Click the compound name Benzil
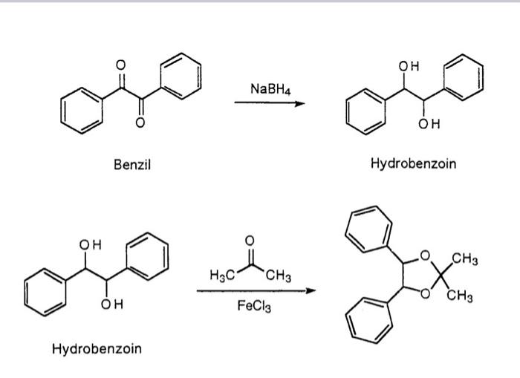(132, 164)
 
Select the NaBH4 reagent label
(270, 89)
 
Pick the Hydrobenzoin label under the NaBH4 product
(413, 163)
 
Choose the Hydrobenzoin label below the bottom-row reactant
(97, 348)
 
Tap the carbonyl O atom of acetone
(250, 241)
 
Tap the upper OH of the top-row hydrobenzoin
(409, 67)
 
